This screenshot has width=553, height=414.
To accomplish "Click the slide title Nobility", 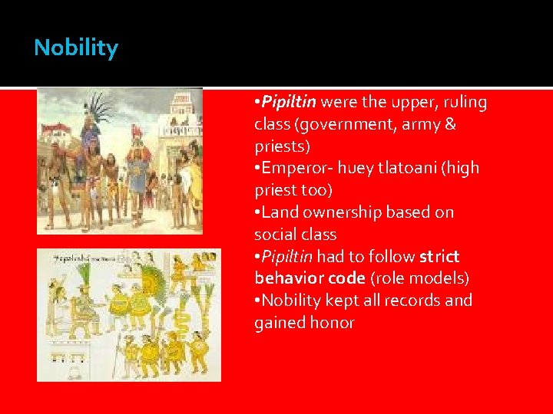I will pos(76,48).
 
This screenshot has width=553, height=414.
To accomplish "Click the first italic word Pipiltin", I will pos(288,102).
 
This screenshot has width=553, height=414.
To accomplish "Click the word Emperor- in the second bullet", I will pos(295,168).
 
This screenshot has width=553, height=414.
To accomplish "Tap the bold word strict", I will pos(439,256).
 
